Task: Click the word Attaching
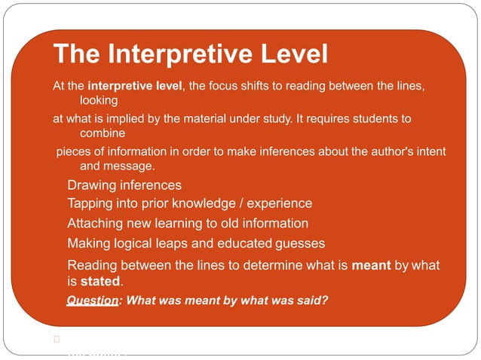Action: tap(97, 224)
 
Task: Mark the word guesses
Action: tap(301, 243)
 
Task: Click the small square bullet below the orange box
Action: tap(57, 339)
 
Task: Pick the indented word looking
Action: tap(99, 100)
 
